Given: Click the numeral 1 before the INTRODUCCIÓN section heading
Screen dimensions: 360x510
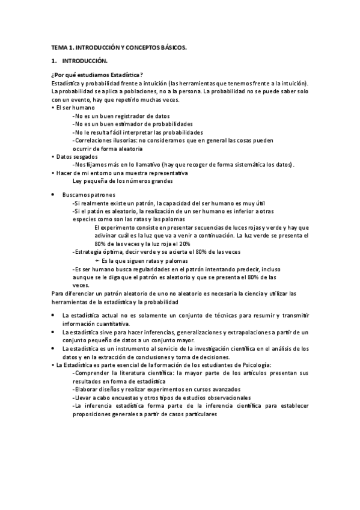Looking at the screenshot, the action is point(53,61).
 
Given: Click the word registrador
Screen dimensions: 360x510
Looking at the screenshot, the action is point(129,115).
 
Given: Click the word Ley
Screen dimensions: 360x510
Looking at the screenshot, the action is point(77,180).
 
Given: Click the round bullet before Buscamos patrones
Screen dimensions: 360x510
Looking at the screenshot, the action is point(54,195).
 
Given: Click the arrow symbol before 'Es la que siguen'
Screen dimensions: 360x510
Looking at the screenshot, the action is point(97,261).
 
